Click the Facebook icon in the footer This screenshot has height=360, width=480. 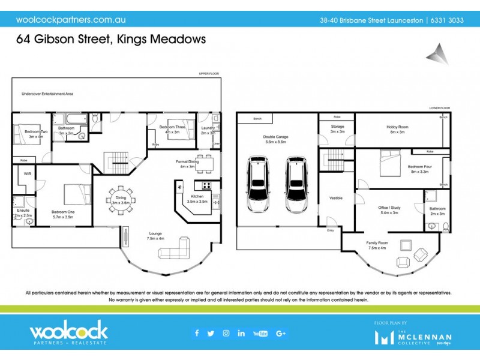197,334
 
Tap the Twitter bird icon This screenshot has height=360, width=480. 211,334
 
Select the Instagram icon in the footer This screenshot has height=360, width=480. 226,334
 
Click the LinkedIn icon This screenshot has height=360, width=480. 241,334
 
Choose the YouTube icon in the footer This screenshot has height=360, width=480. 260,334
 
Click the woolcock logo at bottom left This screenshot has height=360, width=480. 68,333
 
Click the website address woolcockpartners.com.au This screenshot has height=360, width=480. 67,19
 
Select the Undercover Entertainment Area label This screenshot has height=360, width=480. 47,94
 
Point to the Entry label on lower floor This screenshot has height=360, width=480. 330,230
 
